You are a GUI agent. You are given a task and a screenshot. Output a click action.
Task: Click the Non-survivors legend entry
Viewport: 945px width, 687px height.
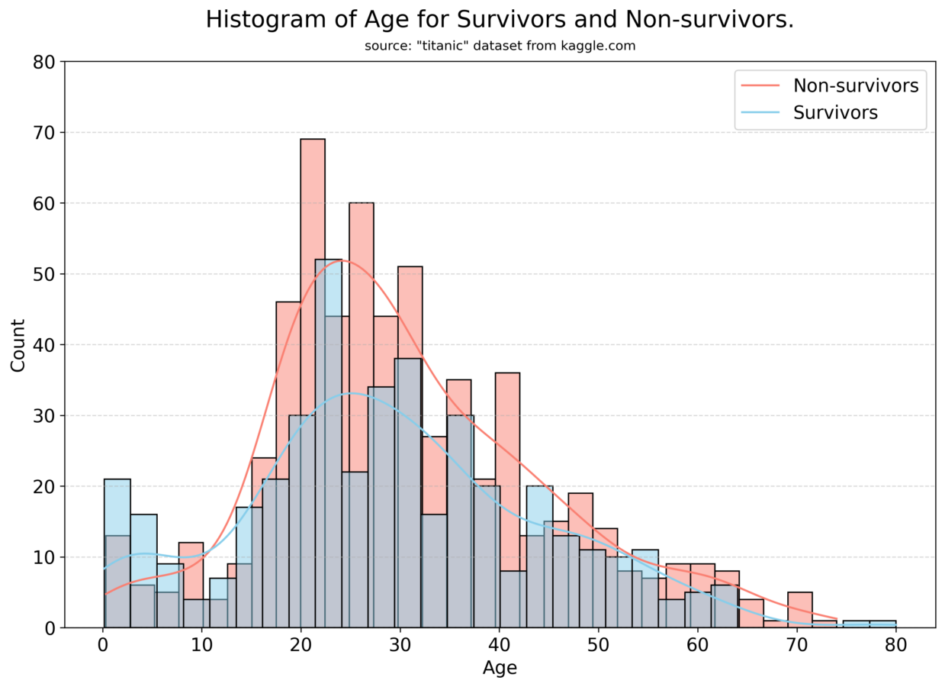click(855, 85)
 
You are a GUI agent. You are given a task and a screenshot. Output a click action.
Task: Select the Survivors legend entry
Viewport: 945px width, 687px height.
click(835, 113)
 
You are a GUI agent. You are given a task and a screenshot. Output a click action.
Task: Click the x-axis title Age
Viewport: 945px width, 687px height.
click(500, 668)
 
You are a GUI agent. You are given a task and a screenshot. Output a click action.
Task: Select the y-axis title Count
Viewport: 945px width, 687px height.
click(18, 345)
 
